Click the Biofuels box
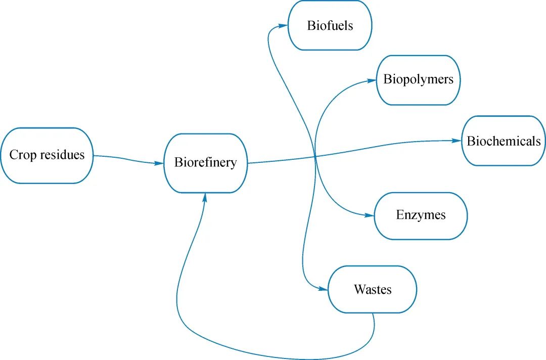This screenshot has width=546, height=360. (x=330, y=25)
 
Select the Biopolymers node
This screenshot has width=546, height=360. (x=418, y=80)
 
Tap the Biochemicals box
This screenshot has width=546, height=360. (x=504, y=141)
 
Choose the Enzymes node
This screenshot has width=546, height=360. (x=421, y=216)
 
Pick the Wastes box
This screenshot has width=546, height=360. (x=372, y=289)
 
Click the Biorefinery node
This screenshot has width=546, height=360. (x=205, y=163)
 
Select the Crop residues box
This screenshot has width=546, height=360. (x=47, y=155)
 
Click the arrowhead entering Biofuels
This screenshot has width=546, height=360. (x=283, y=25)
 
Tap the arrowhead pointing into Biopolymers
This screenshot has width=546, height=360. (x=372, y=80)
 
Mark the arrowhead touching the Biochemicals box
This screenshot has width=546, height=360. (x=457, y=141)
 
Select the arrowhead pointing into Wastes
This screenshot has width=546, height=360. (x=323, y=289)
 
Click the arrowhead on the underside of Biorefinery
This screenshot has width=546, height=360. (x=205, y=198)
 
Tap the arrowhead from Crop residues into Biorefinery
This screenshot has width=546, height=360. (x=159, y=163)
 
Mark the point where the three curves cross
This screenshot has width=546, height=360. (x=315, y=158)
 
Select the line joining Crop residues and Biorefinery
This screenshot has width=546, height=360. (x=129, y=158)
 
